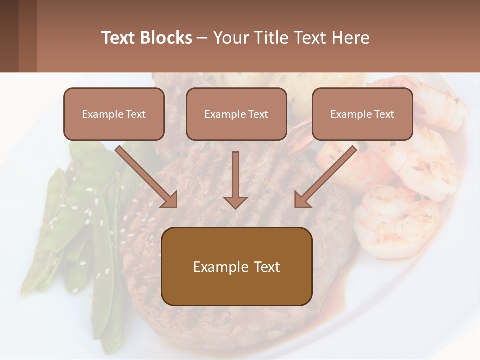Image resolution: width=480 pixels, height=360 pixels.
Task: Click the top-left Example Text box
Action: point(114,114)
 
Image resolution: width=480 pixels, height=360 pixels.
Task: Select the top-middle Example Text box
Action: point(236,114)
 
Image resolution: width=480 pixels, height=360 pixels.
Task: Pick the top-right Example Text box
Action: point(362,114)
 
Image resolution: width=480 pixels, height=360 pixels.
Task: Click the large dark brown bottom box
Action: point(236,266)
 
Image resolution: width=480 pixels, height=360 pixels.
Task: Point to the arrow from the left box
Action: point(146,176)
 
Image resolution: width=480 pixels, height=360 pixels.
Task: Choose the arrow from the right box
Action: point(326,176)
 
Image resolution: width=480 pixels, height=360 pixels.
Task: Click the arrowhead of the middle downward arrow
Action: point(235,202)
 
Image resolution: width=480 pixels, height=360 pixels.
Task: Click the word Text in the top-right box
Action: point(384,114)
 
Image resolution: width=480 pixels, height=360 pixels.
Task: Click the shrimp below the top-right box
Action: point(425,160)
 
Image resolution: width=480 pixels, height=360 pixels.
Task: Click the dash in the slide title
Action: point(202,38)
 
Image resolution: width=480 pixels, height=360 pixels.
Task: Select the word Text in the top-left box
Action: point(136,114)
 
